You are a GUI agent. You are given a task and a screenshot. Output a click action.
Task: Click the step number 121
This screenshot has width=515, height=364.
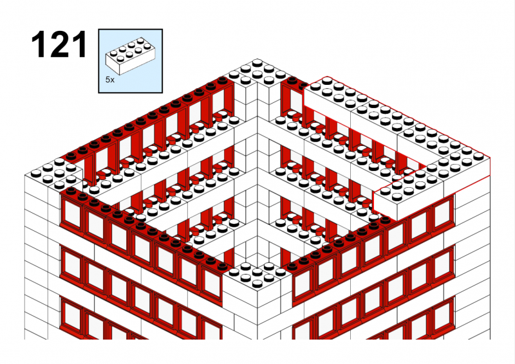[59, 44]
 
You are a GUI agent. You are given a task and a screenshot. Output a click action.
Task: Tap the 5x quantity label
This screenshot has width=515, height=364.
[110, 80]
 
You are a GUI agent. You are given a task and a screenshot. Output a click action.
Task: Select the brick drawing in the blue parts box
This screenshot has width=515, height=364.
[130, 56]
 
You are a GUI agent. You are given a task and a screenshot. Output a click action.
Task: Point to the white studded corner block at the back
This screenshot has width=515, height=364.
[257, 74]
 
